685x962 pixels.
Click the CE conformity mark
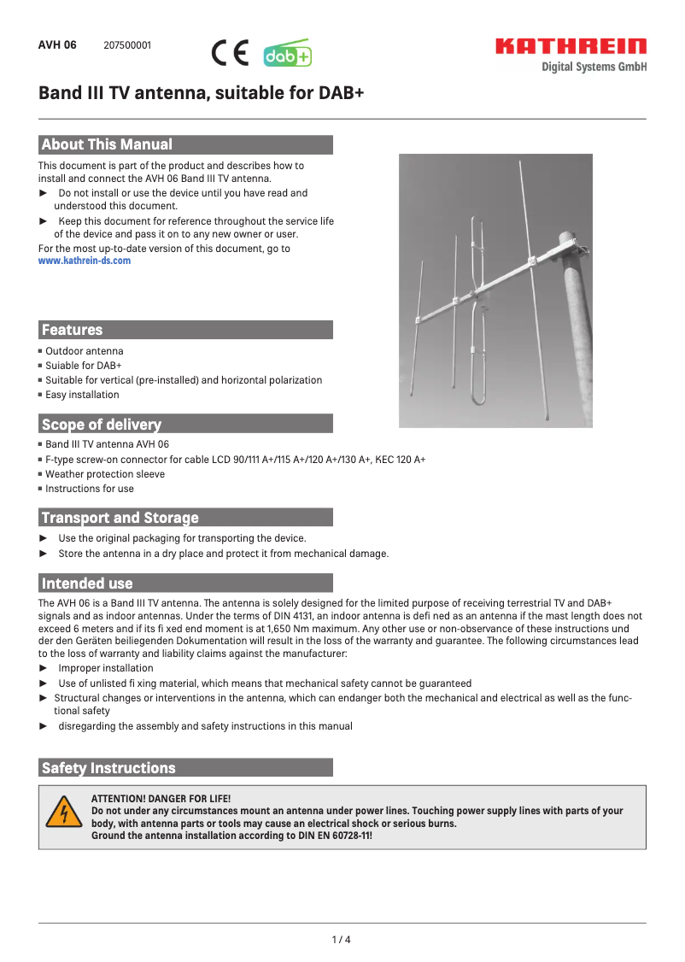click(229, 54)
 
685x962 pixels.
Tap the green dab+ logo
click(287, 55)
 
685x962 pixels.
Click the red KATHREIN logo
click(571, 46)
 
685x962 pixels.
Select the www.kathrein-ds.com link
click(85, 261)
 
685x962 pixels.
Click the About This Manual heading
click(107, 144)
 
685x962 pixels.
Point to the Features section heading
click(72, 330)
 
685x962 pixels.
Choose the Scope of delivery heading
click(101, 424)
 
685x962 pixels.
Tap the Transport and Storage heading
click(120, 518)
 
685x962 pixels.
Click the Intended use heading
click(87, 584)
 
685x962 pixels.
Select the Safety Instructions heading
click(108, 768)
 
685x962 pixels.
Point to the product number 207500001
click(127, 45)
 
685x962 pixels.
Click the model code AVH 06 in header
click(57, 45)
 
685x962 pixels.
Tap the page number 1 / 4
click(342, 940)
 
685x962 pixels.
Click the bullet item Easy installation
click(82, 395)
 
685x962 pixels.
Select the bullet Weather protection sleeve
click(105, 474)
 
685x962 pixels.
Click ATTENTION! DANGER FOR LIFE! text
click(161, 798)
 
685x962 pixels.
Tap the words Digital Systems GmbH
click(594, 67)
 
